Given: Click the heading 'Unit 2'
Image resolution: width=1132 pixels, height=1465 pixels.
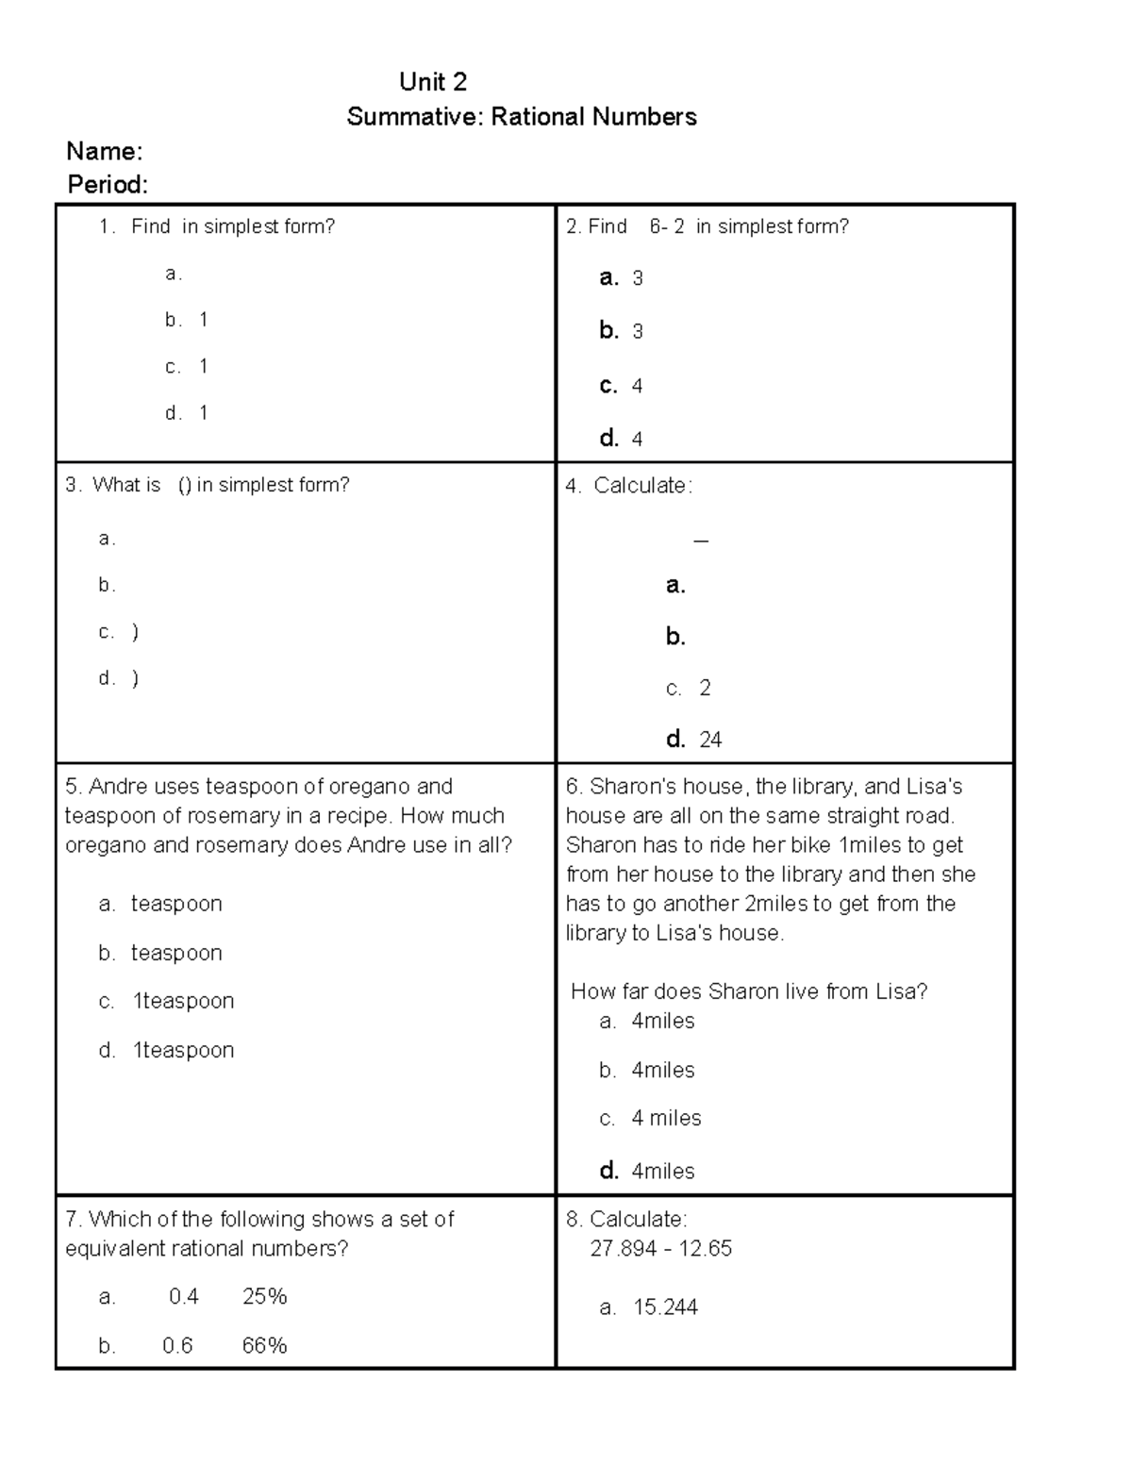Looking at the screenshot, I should [433, 82].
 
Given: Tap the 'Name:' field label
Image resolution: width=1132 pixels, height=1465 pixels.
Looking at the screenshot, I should [104, 151].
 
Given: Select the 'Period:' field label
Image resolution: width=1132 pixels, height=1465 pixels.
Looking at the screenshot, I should [108, 185].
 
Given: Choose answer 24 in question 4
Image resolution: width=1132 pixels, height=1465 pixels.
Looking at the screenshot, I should [710, 740].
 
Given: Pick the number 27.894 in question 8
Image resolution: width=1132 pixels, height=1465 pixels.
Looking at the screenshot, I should [624, 1248].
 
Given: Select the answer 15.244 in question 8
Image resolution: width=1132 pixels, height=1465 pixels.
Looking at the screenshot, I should [665, 1307].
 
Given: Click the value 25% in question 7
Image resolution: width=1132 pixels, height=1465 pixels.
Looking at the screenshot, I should [264, 1297].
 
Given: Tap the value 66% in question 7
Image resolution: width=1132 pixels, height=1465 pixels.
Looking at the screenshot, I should [264, 1346].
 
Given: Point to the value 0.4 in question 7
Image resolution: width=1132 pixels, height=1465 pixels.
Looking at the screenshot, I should [184, 1297].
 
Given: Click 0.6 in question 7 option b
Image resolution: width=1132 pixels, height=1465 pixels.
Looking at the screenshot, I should [177, 1346].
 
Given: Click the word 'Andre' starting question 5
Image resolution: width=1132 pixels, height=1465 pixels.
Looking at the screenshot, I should [118, 787].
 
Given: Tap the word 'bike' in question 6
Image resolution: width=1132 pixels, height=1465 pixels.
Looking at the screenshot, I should [809, 845].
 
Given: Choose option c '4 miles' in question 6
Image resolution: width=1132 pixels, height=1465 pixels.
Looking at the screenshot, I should [666, 1119].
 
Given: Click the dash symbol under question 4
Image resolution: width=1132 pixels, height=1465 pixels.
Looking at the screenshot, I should [700, 541].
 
